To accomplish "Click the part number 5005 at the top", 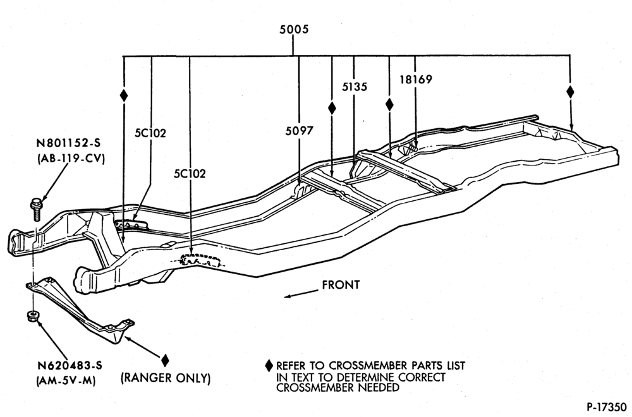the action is [294, 30].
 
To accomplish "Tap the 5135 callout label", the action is [355, 87].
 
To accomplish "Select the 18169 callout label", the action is [416, 80].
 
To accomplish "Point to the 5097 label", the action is [300, 131].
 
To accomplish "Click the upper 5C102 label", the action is [150, 133].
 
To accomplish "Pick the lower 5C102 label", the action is [190, 174].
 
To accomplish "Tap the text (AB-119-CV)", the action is [71, 159].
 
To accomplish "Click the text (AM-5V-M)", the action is [66, 381].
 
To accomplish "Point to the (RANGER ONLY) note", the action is [166, 378].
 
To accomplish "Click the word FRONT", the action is [341, 285].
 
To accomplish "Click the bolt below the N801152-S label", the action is [35, 208].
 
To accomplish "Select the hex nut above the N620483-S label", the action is [32, 317].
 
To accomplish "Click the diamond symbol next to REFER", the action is [269, 366].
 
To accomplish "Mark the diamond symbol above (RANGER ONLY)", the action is [165, 360].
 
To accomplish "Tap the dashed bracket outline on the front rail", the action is [202, 260].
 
